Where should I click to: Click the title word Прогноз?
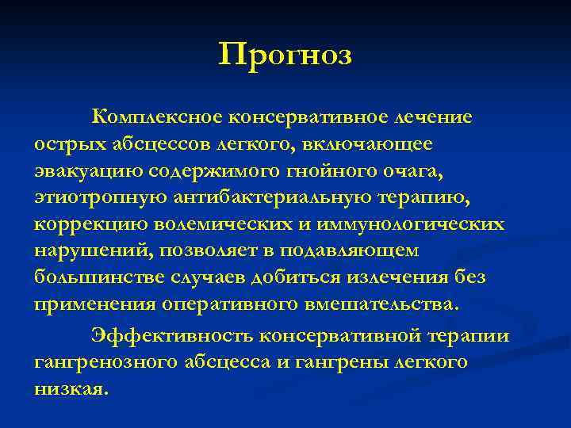tap(285, 57)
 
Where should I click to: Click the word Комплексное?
tap(157, 117)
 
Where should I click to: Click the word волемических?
tap(230, 224)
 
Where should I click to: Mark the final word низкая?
tap(69, 389)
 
